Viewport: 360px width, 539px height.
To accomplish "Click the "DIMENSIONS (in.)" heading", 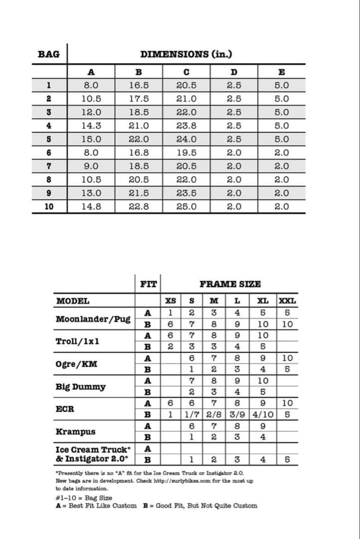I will [x=186, y=54].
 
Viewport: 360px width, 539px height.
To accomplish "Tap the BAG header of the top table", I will [x=48, y=54].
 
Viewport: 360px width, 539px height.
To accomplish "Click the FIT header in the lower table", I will [x=148, y=284].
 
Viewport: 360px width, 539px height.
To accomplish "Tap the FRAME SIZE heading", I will [x=230, y=284].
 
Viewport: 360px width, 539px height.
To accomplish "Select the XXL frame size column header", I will [x=287, y=301].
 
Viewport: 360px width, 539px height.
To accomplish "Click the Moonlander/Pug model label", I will [x=93, y=319].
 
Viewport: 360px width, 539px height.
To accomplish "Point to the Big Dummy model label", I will [x=80, y=387].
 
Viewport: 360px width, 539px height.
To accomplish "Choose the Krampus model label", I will [x=75, y=432].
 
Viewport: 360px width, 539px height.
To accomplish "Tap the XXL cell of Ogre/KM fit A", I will [x=287, y=358].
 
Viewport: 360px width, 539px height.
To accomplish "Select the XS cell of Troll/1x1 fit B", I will [x=170, y=346].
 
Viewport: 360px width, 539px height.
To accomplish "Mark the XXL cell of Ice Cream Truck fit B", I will [x=287, y=459].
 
